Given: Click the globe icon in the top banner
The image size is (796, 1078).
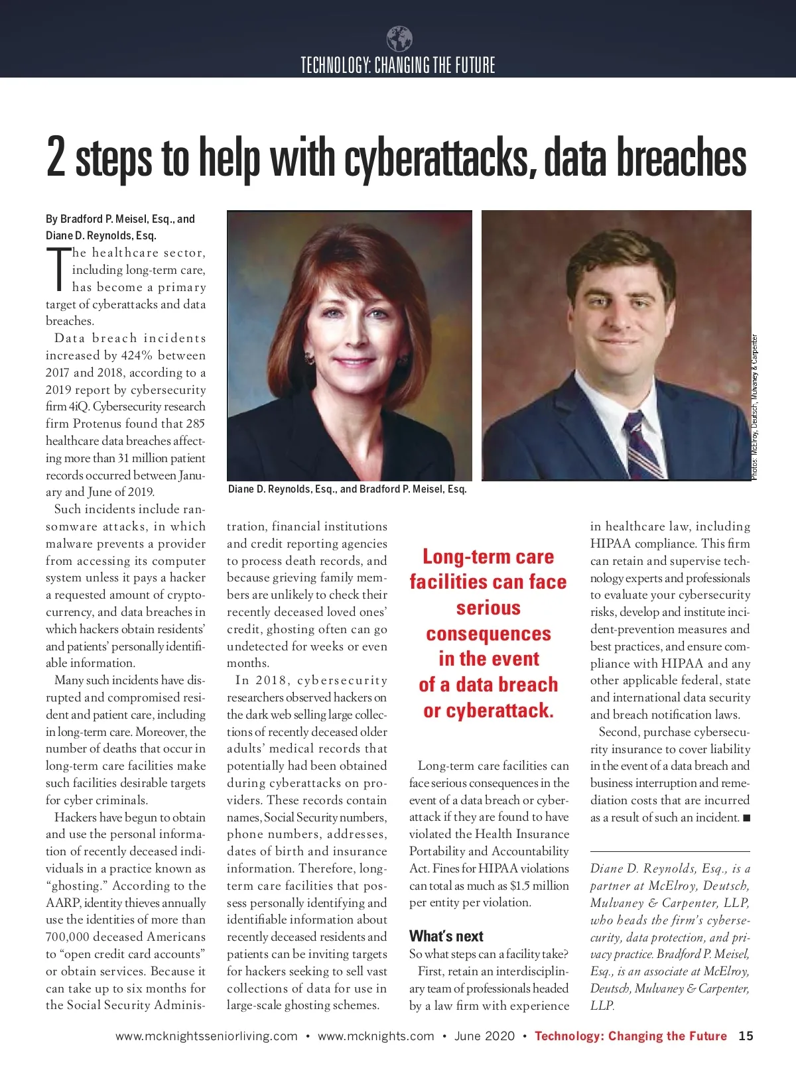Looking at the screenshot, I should point(399,39).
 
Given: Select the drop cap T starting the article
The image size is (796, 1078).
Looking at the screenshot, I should point(58,269).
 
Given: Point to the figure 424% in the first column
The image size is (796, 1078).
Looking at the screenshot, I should point(137,355).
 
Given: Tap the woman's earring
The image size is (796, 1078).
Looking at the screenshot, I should point(309,358).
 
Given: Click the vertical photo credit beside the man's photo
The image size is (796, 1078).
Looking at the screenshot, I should point(755,408).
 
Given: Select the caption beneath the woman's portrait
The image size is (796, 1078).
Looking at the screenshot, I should point(347,489).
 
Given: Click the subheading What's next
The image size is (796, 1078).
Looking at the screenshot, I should point(446,936).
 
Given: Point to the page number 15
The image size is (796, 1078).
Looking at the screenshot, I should point(746,1036).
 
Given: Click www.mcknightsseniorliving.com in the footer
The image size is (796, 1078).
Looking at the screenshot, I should point(206,1036).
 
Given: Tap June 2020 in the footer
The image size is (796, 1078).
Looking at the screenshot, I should point(484,1036).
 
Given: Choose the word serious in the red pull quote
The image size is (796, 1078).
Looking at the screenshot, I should point(488,608).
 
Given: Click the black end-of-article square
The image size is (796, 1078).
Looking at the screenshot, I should point(746,818).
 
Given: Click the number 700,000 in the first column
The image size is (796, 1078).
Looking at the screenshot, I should point(70,937).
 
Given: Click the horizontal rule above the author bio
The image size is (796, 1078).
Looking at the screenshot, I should point(670,851).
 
